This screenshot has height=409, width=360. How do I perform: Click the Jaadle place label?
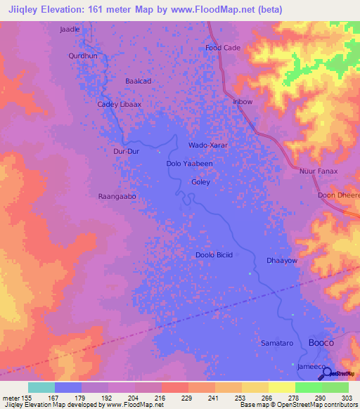pos(70,30)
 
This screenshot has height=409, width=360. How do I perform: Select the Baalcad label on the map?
pos(138,81)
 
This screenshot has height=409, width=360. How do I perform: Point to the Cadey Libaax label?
pos(119,104)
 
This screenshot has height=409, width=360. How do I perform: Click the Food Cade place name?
pos(223,47)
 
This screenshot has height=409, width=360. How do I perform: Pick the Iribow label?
pos(243,101)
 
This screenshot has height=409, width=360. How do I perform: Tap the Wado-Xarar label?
pos(208,145)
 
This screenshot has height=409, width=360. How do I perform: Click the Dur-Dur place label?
pos(127,150)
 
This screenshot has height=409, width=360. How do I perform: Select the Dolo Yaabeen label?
pos(189,163)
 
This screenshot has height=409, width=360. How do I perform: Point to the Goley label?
pos(201,182)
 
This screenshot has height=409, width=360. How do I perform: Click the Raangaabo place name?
pos(117,197)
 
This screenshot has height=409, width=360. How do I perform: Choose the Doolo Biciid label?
pos(213,255)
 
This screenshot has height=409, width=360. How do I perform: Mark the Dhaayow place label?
pos(282,261)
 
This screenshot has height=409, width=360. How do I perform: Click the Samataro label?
pos(276,342)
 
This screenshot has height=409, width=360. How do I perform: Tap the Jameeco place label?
pos(309,367)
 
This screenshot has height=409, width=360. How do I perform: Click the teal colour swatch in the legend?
pos(41,387)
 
